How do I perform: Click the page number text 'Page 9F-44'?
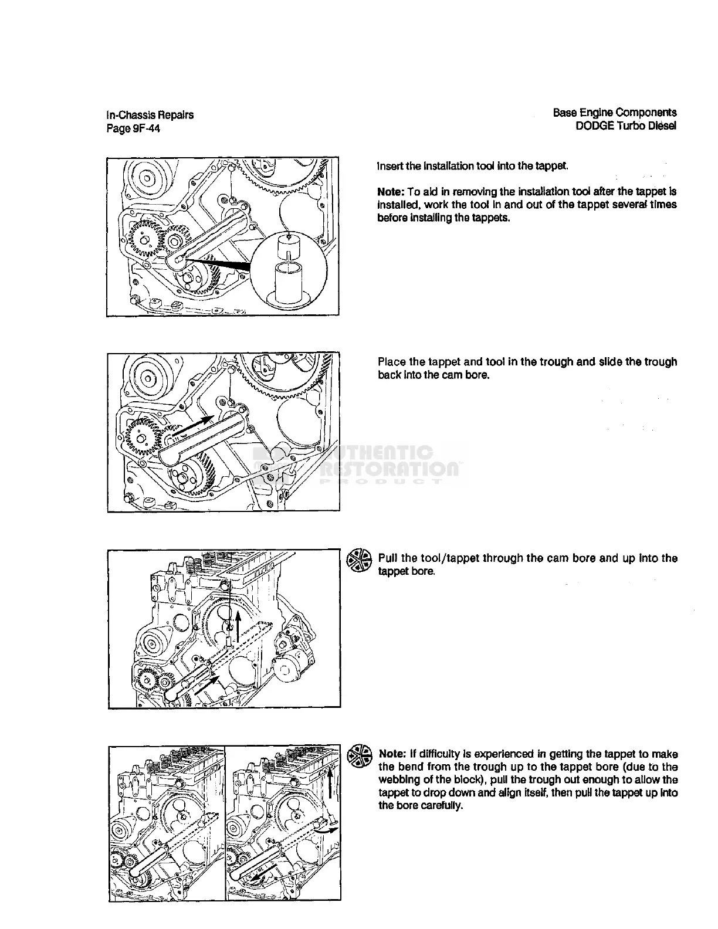pyautogui.click(x=133, y=128)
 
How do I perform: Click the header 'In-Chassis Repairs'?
pyautogui.click(x=150, y=115)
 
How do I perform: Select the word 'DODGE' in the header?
pyautogui.click(x=595, y=126)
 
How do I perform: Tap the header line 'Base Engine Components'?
pyautogui.click(x=615, y=113)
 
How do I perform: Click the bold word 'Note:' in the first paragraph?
pyautogui.click(x=390, y=192)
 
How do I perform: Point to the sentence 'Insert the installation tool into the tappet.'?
pyautogui.click(x=473, y=166)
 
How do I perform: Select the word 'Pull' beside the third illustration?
pyautogui.click(x=388, y=558)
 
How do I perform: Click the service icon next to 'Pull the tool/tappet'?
pyautogui.click(x=359, y=560)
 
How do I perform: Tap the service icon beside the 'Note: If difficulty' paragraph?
pyautogui.click(x=359, y=756)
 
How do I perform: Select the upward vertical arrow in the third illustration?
pyautogui.click(x=239, y=628)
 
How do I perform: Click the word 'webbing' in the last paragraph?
pyautogui.click(x=398, y=779)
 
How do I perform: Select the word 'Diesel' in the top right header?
pyautogui.click(x=663, y=126)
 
